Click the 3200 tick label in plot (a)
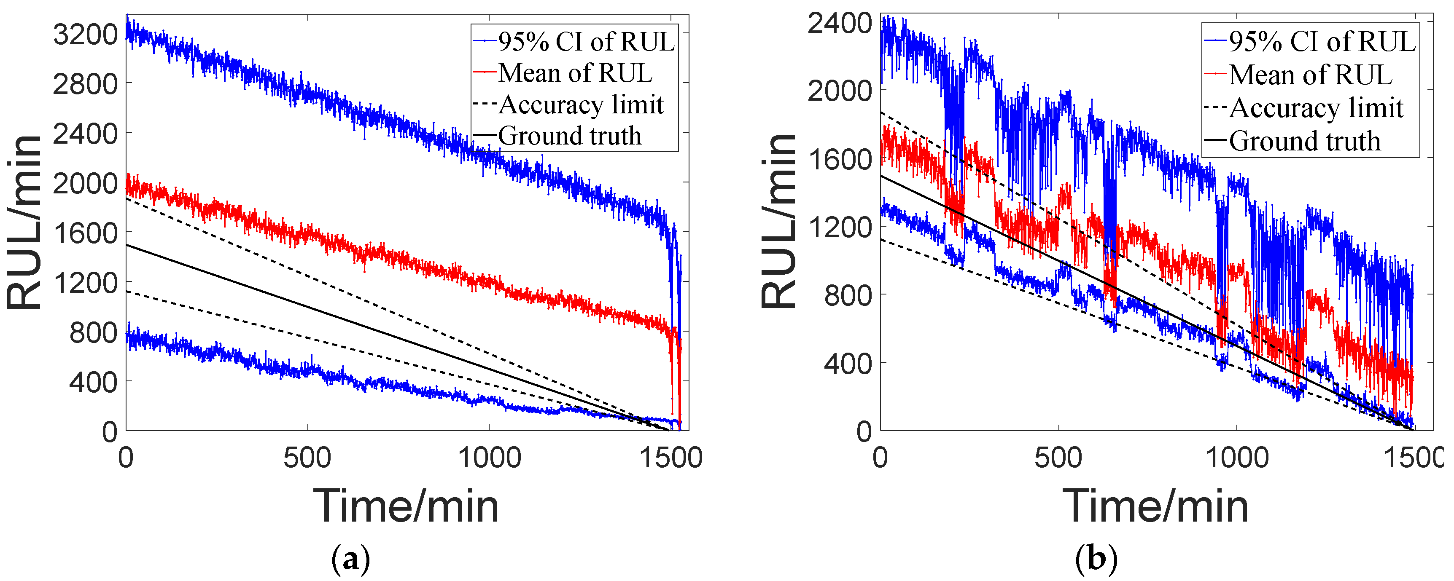pyautogui.click(x=85, y=35)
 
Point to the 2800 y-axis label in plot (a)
pyautogui.click(x=85, y=85)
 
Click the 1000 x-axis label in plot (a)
pyautogui.click(x=489, y=458)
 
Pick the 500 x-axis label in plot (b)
pyautogui.click(x=1058, y=458)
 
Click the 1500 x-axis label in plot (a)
pyautogui.click(x=670, y=458)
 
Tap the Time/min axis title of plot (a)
pyautogui.click(x=406, y=506)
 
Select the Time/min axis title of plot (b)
pyautogui.click(x=1155, y=506)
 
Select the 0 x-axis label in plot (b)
pyautogui.click(x=880, y=458)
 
